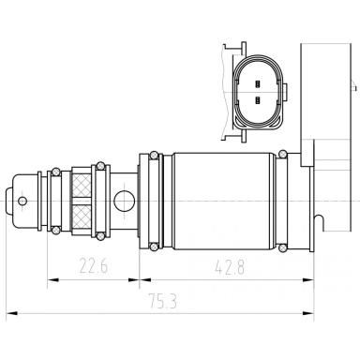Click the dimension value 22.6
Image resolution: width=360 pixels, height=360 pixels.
[93, 267]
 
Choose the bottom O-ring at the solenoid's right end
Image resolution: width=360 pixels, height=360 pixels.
[283, 247]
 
